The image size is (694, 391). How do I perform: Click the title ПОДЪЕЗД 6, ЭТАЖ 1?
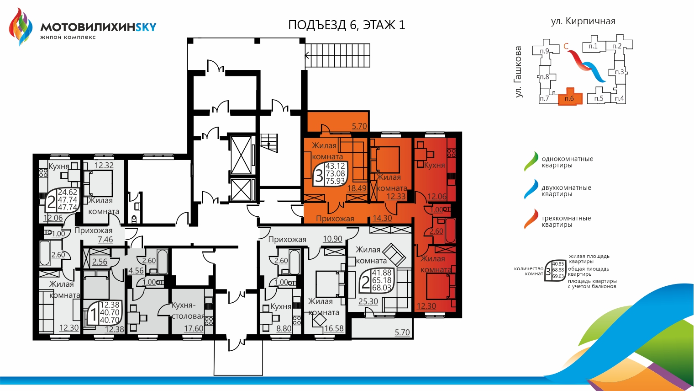(347, 25)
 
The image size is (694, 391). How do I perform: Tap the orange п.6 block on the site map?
(570, 97)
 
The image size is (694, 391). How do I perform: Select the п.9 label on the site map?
(544, 51)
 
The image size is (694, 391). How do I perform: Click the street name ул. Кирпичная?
(583, 21)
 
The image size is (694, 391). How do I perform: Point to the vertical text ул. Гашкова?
(518, 72)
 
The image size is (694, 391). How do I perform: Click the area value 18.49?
(357, 188)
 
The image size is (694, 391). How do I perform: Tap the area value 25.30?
(368, 301)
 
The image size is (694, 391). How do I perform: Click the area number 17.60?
(194, 328)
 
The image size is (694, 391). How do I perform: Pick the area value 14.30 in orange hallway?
(382, 218)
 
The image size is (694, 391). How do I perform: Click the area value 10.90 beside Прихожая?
(332, 239)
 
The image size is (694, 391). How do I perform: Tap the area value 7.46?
(105, 239)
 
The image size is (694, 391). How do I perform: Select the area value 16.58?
(334, 328)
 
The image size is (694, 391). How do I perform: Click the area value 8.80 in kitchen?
(284, 328)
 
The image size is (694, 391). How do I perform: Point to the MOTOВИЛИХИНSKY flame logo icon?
(21, 27)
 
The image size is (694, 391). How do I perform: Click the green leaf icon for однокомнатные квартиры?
(531, 161)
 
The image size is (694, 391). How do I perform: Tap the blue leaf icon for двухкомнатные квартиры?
(531, 189)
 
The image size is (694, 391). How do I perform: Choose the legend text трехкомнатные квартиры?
(566, 221)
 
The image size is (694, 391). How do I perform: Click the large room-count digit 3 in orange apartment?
(319, 176)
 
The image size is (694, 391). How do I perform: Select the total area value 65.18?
(382, 280)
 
